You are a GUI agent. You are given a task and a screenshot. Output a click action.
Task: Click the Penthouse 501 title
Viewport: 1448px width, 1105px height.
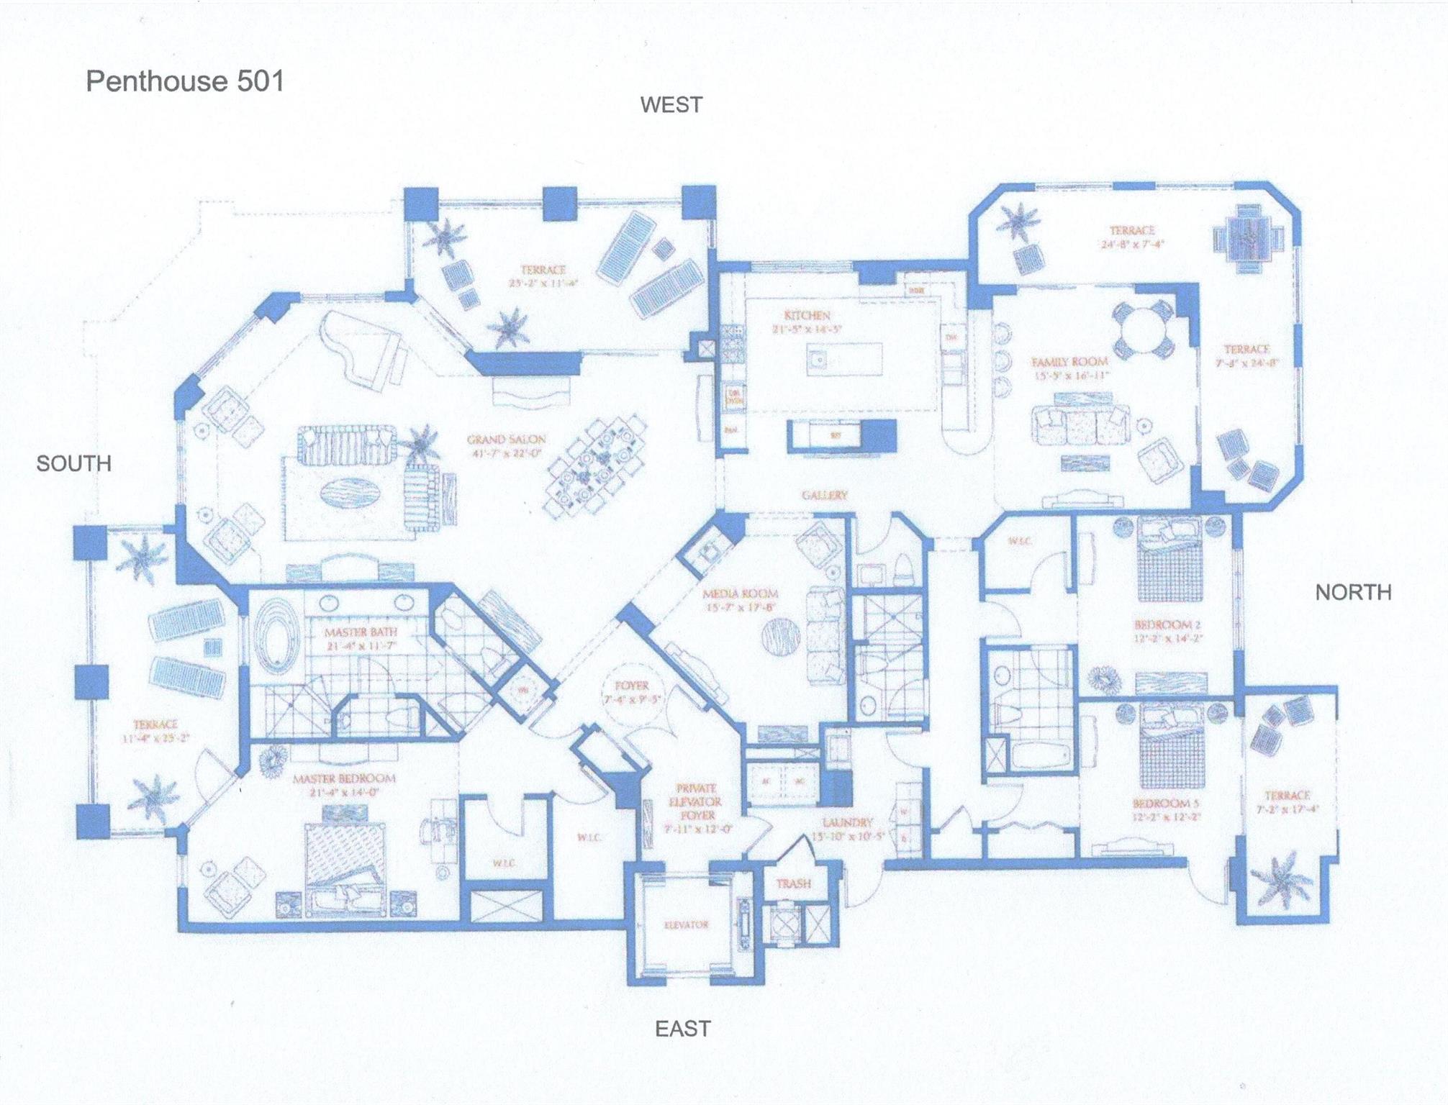pos(185,81)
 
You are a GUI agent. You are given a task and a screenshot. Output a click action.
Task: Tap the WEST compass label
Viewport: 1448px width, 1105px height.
pos(671,105)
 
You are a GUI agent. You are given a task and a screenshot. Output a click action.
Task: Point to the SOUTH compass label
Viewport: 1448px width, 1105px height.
pos(73,464)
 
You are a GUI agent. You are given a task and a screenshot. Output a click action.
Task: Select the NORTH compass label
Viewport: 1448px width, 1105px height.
pos(1353,593)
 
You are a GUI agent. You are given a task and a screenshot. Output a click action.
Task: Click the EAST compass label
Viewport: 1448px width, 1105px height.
pos(682,1029)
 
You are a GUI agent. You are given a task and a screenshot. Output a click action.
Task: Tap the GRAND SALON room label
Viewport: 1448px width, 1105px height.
pos(506,440)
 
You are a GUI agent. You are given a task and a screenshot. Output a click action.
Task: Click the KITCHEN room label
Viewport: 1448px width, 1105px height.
pos(807,316)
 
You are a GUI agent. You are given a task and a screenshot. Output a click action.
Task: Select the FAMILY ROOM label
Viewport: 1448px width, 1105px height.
pos(1069,362)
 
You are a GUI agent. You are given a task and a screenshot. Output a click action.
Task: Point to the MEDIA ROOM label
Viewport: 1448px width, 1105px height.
pos(740,594)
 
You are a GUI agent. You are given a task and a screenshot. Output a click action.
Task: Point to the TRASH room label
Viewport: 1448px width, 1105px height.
pos(793,883)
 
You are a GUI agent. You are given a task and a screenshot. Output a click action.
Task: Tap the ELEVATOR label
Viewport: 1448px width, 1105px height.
pos(686,924)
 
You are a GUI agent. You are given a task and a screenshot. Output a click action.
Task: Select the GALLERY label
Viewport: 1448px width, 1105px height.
pos(825,495)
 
